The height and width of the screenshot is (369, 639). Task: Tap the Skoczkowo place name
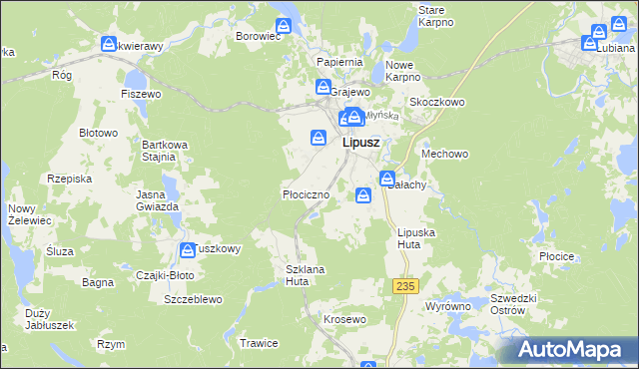[x=437, y=102]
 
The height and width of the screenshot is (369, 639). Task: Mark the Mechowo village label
[x=445, y=155]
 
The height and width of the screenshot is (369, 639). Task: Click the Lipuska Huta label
[x=414, y=237]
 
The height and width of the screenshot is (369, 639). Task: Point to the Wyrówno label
[x=446, y=307]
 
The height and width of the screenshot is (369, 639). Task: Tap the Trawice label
[x=258, y=343]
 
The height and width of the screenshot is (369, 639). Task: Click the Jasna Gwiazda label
[x=158, y=199]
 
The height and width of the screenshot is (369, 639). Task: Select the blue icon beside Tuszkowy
[x=187, y=249]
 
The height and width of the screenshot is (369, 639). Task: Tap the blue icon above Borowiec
[x=284, y=25]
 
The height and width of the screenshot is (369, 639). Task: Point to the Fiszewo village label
[x=141, y=94]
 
